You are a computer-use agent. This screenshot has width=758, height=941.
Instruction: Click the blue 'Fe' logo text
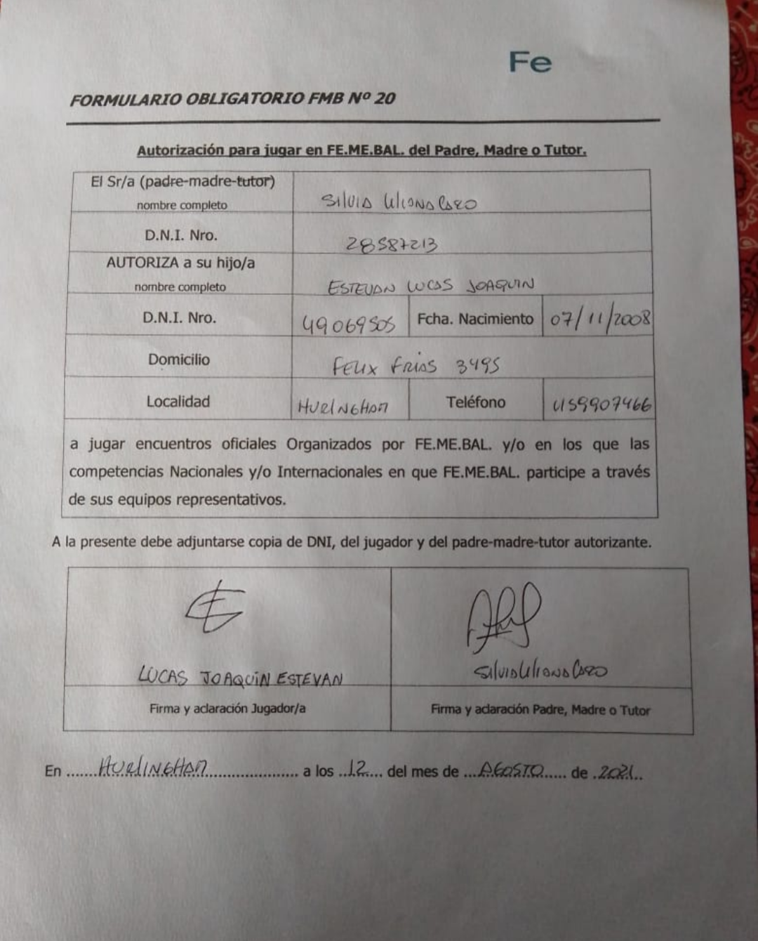[530, 62]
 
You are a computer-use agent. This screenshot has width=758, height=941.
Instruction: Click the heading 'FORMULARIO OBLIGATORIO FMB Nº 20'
[232, 99]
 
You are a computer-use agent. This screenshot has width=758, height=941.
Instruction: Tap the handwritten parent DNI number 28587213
[392, 244]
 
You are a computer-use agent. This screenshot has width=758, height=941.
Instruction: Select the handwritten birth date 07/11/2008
[599, 320]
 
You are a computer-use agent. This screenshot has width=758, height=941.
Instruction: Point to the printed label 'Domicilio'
[178, 360]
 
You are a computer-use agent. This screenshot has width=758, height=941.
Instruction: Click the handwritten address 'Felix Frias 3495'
[415, 365]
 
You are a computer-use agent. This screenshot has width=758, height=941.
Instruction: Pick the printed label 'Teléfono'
[475, 402]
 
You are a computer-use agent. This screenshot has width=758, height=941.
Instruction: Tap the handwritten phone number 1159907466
[601, 405]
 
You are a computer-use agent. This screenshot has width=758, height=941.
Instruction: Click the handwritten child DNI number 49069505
[348, 324]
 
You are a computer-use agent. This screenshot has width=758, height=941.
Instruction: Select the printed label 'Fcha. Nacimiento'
[475, 319]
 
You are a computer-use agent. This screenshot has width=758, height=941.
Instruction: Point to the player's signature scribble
[214, 607]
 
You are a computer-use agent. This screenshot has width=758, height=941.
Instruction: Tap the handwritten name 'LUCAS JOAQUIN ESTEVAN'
[240, 677]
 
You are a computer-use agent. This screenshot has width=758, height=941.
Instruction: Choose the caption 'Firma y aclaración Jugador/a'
[227, 709]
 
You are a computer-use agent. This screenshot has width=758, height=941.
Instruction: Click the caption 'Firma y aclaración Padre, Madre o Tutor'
[540, 710]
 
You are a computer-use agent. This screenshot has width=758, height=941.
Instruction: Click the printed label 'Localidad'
[178, 402]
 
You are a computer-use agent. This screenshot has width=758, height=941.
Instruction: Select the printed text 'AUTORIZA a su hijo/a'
[180, 263]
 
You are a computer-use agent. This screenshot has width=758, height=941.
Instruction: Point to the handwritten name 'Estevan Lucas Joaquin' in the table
[430, 286]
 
